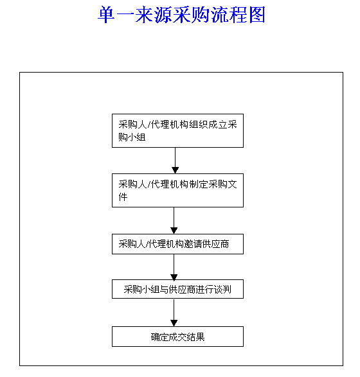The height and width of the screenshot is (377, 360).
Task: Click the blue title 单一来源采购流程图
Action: pyautogui.click(x=181, y=15)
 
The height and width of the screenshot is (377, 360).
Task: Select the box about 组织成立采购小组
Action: pyautogui.click(x=177, y=130)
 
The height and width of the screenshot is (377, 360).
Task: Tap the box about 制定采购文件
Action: pyautogui.click(x=177, y=190)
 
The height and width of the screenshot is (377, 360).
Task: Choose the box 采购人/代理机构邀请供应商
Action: pyautogui.click(x=177, y=244)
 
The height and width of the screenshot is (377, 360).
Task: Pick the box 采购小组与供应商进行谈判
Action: pyautogui.click(x=177, y=289)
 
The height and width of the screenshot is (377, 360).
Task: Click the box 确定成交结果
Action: pyautogui.click(x=177, y=337)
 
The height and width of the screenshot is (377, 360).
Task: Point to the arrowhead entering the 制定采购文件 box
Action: pyautogui.click(x=175, y=170)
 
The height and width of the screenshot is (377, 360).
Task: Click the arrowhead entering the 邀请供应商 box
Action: pyautogui.click(x=174, y=231)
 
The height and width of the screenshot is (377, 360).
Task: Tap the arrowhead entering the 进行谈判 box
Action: pyautogui.click(x=174, y=277)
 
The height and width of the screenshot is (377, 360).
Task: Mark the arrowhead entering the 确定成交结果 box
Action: pyautogui.click(x=174, y=323)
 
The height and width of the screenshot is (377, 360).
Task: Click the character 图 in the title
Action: pyautogui.click(x=257, y=15)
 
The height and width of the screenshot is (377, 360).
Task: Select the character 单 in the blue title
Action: pyautogui.click(x=106, y=15)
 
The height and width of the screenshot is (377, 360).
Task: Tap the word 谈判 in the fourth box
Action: pyautogui.click(x=222, y=290)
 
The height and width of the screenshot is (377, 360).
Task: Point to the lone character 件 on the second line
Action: pyautogui.click(x=123, y=197)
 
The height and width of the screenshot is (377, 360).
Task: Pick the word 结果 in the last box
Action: pyautogui.click(x=195, y=337)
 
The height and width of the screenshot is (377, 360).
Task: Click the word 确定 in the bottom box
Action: pyautogui.click(x=160, y=337)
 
